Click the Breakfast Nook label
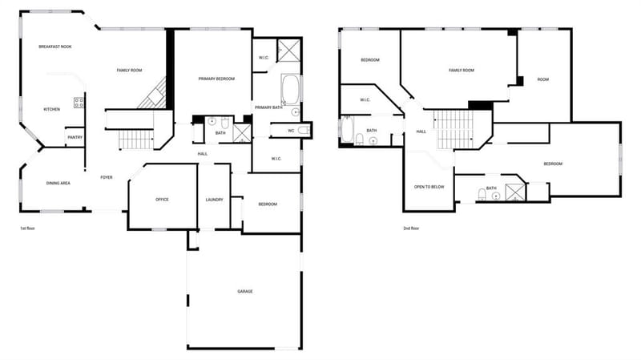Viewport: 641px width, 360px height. (x=55, y=47)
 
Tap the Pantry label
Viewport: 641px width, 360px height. (x=75, y=137)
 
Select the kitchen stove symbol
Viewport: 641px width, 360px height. (x=79, y=103)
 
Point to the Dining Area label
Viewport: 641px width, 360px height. (x=58, y=184)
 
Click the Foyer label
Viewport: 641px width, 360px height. (x=107, y=177)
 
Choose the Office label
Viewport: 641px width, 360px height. (x=162, y=200)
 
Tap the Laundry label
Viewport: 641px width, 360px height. (x=214, y=200)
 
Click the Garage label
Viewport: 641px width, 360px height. (x=245, y=292)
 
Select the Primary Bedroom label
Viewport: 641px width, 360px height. (x=216, y=79)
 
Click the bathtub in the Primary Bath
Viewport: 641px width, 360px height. (x=290, y=89)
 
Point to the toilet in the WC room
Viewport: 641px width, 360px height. (x=304, y=131)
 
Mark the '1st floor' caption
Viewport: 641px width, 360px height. (x=27, y=229)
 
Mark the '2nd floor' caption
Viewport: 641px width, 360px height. (x=411, y=229)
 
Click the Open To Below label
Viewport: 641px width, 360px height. (x=429, y=187)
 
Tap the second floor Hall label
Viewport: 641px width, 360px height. (x=421, y=131)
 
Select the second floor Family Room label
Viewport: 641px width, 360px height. (x=462, y=71)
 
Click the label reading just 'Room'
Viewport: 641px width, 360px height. (x=543, y=79)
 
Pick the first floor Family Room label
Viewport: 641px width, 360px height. (x=129, y=71)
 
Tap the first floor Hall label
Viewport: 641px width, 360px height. (x=203, y=154)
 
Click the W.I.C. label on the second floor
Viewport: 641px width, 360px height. (x=365, y=99)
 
